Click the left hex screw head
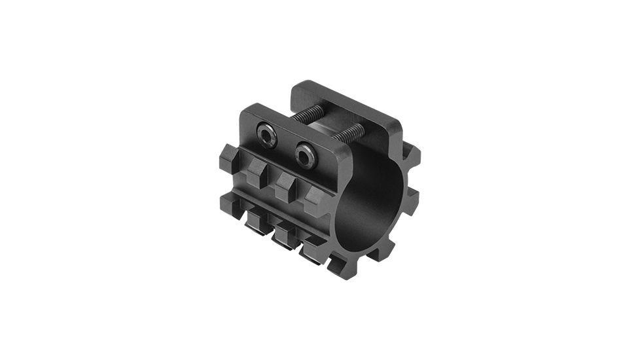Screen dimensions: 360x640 [x=266, y=137]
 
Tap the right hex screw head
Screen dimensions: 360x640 [x=305, y=155]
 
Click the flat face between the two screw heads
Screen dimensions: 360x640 [x=285, y=145]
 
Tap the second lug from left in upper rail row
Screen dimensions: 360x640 [x=257, y=172]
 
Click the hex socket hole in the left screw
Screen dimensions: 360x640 [x=266, y=137]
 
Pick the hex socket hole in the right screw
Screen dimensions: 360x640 [x=305, y=155]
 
